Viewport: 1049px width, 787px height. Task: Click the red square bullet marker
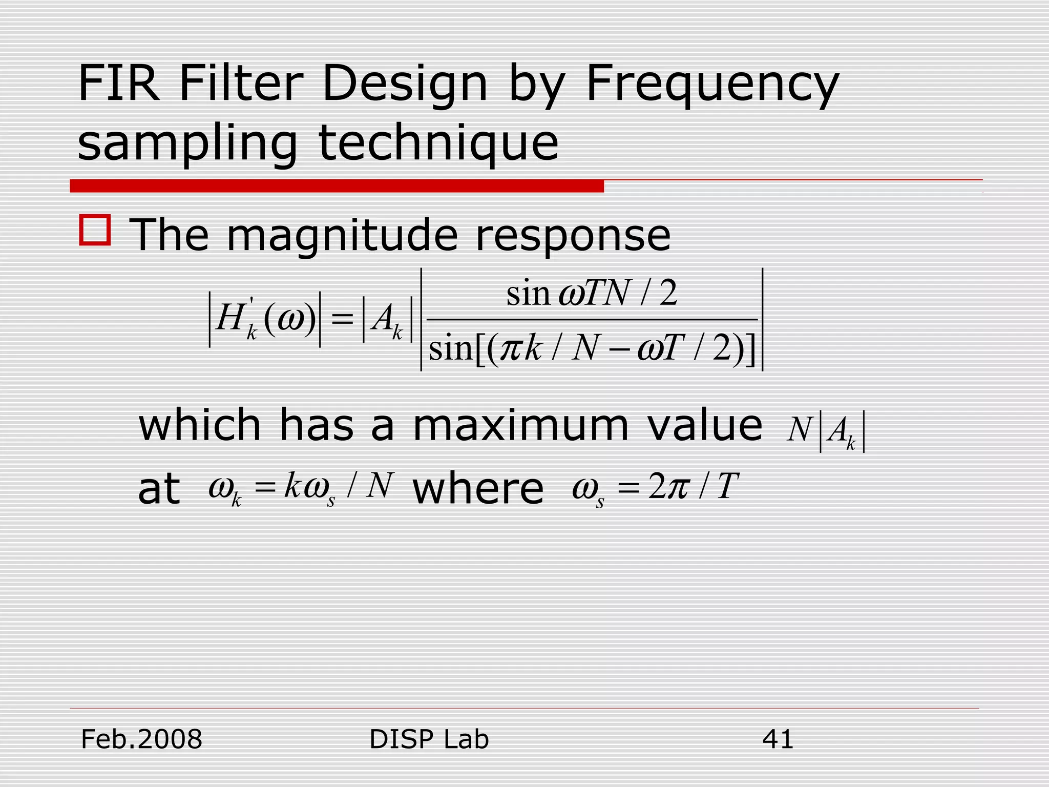point(95,230)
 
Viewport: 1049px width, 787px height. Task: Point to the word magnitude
point(342,236)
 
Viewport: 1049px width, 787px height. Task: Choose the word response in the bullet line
point(573,236)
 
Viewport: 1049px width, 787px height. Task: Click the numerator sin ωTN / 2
point(592,294)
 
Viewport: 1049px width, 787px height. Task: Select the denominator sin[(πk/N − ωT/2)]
point(592,349)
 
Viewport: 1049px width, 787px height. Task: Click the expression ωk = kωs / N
point(301,488)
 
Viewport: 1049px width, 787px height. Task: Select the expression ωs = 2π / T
point(655,488)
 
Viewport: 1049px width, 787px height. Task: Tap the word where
point(478,489)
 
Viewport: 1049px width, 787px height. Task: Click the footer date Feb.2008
point(142,739)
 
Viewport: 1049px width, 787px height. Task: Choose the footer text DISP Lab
point(429,739)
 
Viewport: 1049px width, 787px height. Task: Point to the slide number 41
point(778,739)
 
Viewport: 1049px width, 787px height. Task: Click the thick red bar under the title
point(337,186)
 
